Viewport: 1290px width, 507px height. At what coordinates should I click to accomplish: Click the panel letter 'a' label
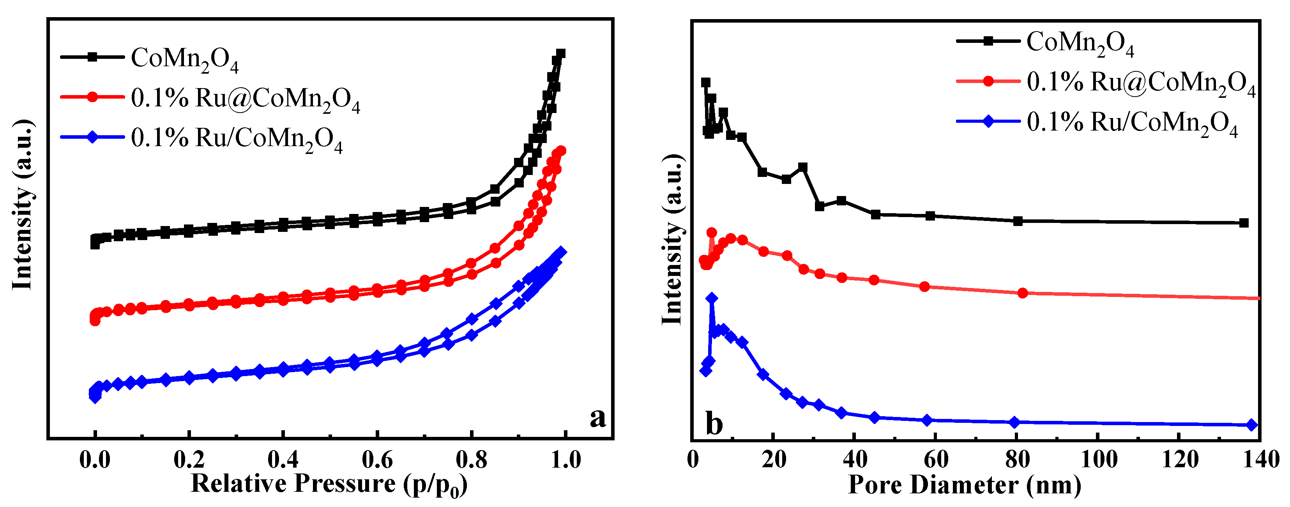click(597, 417)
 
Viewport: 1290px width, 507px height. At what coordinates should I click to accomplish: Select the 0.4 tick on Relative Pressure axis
click(283, 459)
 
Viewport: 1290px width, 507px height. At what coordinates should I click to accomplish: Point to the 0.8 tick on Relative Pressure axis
click(471, 459)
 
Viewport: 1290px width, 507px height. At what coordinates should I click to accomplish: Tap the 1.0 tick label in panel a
click(565, 459)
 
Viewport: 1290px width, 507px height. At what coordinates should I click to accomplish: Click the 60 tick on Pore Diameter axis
click(935, 459)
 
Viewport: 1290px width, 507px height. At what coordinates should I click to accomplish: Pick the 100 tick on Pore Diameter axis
click(1098, 459)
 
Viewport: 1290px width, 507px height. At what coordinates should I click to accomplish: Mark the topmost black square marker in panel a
click(561, 53)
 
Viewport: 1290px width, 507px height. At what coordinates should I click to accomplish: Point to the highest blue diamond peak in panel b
click(712, 298)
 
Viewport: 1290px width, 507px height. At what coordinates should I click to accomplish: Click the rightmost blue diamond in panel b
click(1251, 425)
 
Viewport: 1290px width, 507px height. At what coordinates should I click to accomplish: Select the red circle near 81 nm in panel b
click(1023, 293)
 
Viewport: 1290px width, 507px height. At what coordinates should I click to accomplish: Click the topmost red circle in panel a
click(561, 151)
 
